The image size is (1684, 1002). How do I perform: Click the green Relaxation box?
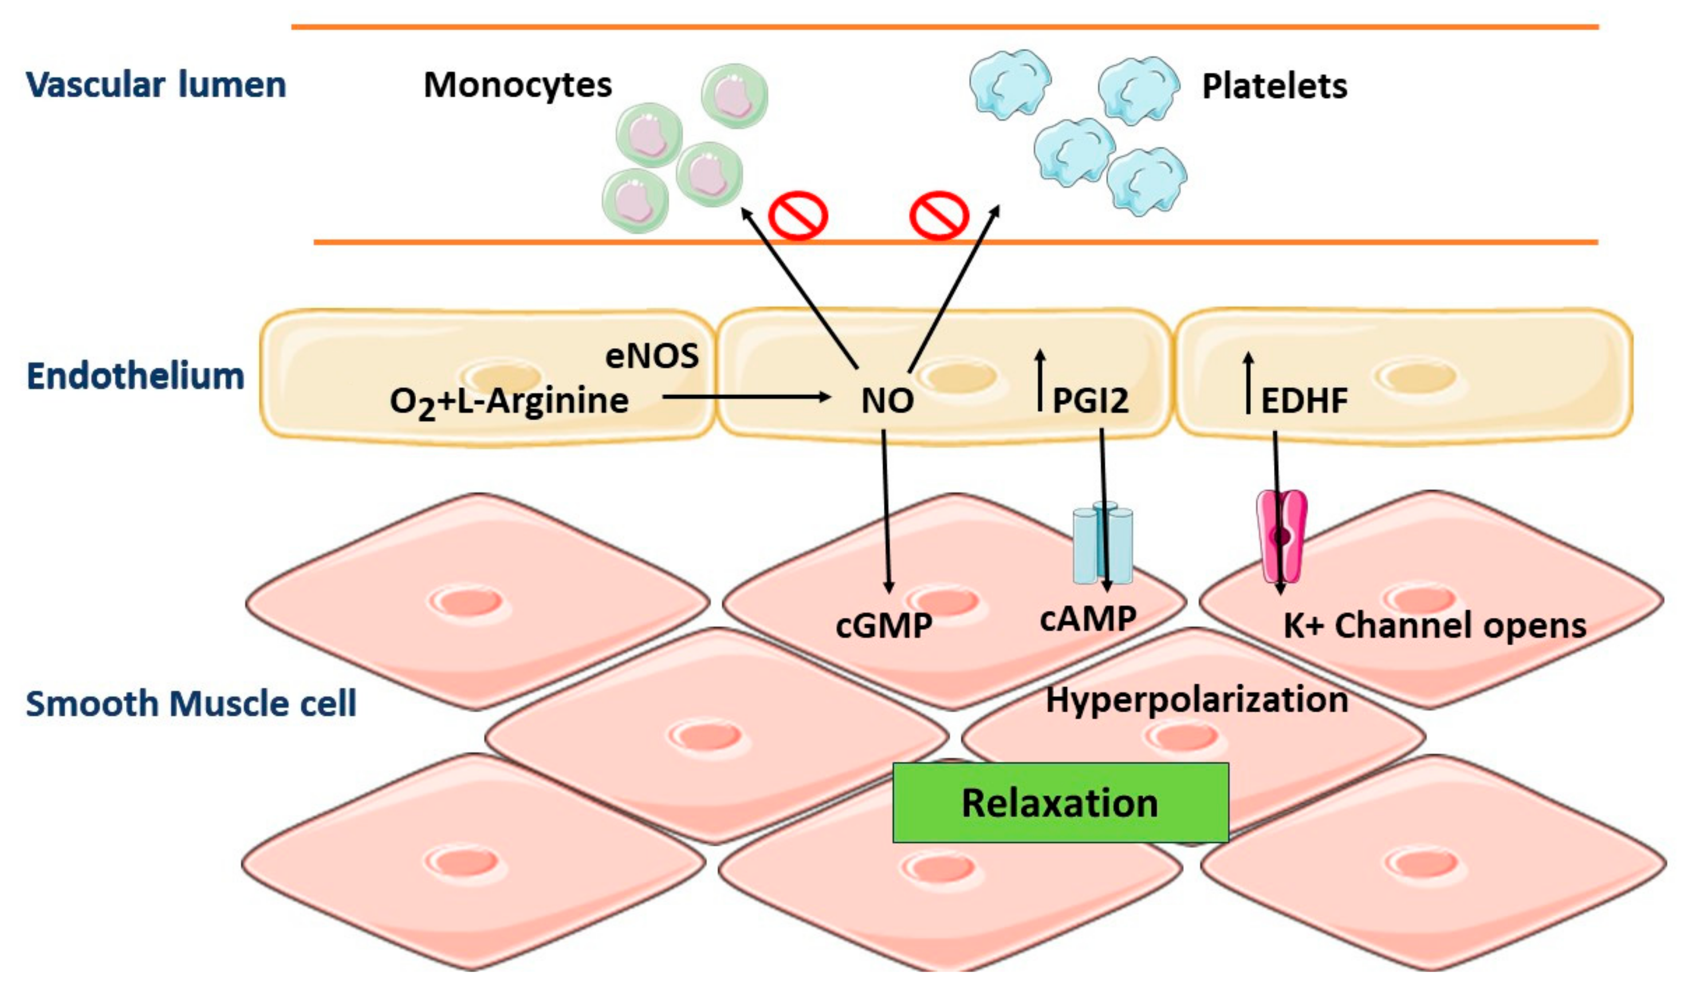[1060, 802]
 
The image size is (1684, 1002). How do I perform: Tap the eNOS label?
[651, 356]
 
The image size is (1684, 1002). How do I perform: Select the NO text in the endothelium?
[887, 401]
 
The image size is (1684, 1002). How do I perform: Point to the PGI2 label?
[1090, 401]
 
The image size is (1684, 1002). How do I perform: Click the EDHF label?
[1304, 401]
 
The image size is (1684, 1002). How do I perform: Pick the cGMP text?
[884, 625]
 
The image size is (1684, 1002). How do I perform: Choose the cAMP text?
[1088, 618]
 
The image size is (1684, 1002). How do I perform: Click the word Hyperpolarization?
[1197, 700]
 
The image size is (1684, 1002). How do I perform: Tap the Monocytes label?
[517, 85]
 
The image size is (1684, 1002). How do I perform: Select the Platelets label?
[1274, 86]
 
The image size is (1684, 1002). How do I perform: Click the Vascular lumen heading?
[156, 85]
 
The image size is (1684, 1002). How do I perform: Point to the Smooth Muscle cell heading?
[191, 704]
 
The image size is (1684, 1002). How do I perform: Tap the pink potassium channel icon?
[1281, 537]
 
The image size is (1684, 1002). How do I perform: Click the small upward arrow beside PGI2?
[1040, 381]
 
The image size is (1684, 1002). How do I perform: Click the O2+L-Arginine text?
[509, 403]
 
